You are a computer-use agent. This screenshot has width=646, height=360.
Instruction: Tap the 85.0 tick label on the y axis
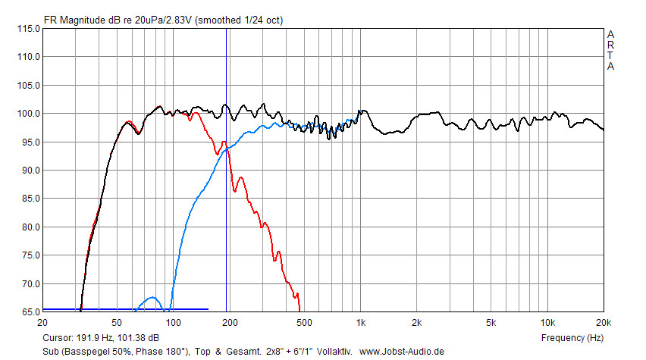click(28, 199)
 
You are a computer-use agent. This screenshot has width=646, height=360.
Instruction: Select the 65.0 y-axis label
click(28, 312)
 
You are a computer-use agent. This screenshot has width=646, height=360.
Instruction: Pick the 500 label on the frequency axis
click(304, 322)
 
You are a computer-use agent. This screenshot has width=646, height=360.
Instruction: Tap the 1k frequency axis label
click(360, 322)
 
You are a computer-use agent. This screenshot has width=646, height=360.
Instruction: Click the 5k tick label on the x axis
click(491, 322)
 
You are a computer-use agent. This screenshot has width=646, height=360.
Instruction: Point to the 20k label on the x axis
click(603, 322)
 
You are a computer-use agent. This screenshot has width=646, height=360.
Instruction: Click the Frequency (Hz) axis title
click(572, 337)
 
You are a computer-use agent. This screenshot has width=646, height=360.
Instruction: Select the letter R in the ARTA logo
click(610, 45)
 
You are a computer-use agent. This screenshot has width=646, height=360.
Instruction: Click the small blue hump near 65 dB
click(152, 298)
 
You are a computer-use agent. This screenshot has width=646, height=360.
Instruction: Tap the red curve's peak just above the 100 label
click(196, 113)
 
